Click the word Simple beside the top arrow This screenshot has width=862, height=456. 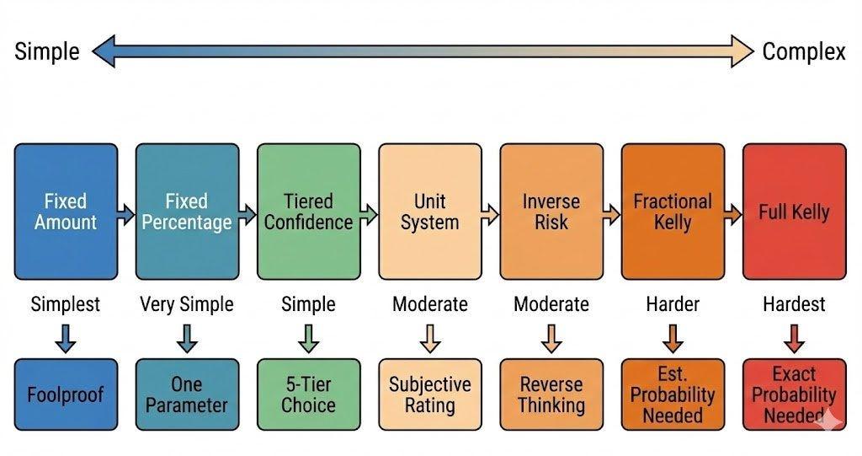point(47,51)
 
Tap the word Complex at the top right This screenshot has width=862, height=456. point(804,51)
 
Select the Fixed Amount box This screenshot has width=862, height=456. point(66,212)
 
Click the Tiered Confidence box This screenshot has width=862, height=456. point(308,212)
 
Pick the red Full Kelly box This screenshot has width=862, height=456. point(795,212)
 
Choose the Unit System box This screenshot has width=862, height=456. point(430,212)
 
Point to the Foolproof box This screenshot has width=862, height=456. point(66,394)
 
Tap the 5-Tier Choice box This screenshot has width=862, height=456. point(308,394)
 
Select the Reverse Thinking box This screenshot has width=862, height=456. point(551,394)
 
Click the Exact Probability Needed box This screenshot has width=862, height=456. point(795,394)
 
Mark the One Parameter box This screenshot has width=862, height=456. point(188,394)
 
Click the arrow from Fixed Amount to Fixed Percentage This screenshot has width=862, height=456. point(126,214)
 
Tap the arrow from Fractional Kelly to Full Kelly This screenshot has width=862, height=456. point(733,214)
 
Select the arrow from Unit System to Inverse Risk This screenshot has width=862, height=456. point(490,214)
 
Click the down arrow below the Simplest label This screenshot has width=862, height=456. point(66,338)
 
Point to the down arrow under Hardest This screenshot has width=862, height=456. point(795,338)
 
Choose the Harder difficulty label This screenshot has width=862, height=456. point(673,304)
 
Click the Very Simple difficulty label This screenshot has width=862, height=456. point(187,304)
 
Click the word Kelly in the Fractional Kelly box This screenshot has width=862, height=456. point(673,223)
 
